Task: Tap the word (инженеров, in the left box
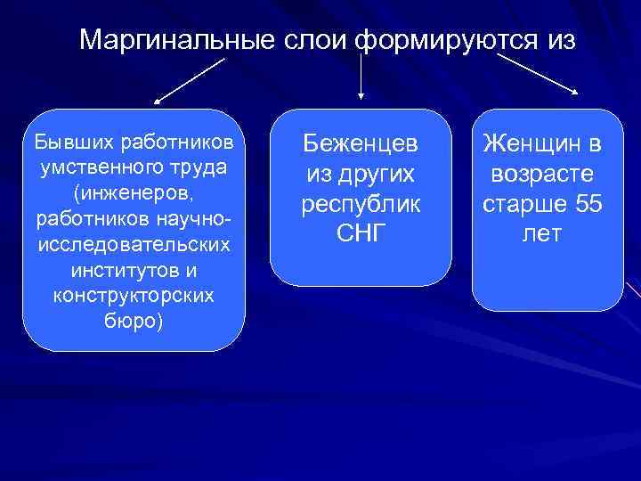coord(133,192)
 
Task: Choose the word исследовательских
coord(133,243)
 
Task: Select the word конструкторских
coord(133,294)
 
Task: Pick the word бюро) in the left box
coord(133,320)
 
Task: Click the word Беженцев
coord(361,143)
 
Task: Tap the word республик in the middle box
coord(361,205)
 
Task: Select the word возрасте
coord(542,174)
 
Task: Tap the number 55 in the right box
coord(588,205)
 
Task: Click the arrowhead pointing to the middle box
coord(361,93)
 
